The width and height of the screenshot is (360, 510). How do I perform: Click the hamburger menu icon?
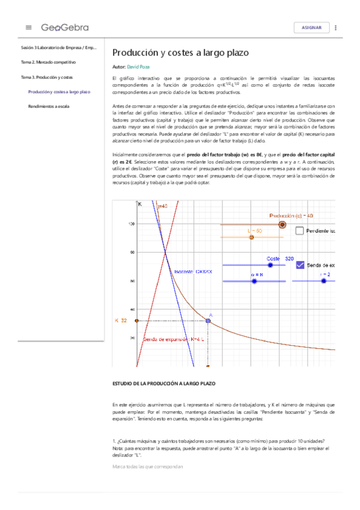coord(28,27)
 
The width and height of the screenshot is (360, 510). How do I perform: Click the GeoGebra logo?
coord(65,27)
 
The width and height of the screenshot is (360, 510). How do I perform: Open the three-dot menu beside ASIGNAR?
coord(335,28)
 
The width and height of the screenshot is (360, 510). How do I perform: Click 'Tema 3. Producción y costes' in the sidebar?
coord(47,77)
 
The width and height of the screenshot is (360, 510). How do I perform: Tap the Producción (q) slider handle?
coord(282,224)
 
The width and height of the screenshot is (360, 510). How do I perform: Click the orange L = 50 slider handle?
coord(252,238)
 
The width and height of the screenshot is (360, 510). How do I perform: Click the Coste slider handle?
coord(270,265)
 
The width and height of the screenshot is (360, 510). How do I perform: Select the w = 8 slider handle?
coord(255,281)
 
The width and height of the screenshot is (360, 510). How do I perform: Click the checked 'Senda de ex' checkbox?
coord(299,265)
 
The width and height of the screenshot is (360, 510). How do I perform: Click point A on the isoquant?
coord(208,321)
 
